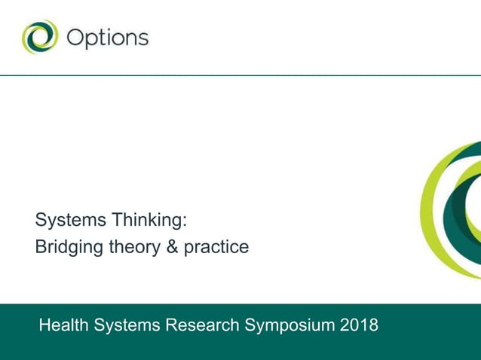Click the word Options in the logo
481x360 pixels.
pyautogui.click(x=107, y=38)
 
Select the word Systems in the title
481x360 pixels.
pyautogui.click(x=71, y=221)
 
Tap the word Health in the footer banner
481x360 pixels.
pyautogui.click(x=63, y=325)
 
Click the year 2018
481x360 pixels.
pyautogui.click(x=359, y=325)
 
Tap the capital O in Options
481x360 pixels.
pyautogui.click(x=76, y=38)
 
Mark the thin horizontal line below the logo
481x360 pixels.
pyautogui.click(x=240, y=75)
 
